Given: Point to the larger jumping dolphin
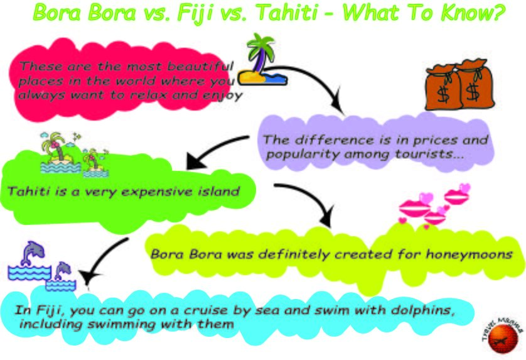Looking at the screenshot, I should (x=30, y=254).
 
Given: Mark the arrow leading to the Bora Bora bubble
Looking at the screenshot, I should (x=308, y=201).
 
